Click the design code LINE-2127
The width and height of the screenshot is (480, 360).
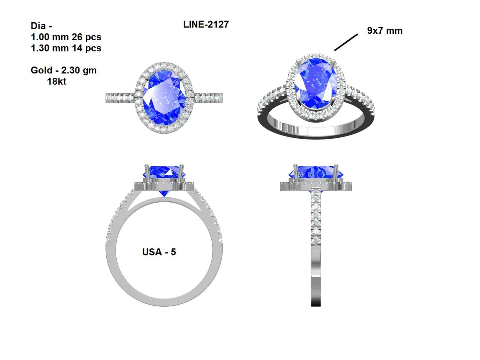(x=206, y=24)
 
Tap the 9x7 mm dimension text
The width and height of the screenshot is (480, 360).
(x=384, y=31)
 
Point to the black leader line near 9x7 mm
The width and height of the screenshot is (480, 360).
(x=346, y=42)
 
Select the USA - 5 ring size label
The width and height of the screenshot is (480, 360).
(x=159, y=252)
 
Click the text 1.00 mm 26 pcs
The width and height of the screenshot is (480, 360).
(x=66, y=37)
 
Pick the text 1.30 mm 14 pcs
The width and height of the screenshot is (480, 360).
(x=66, y=48)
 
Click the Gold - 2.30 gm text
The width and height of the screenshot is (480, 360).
(x=63, y=70)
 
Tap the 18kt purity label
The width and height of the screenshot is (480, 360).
(x=56, y=81)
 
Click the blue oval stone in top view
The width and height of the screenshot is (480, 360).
(x=163, y=98)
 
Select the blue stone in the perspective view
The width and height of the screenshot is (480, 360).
(x=316, y=83)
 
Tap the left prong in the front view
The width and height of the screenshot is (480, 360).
(x=146, y=173)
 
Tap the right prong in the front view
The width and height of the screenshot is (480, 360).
(x=182, y=173)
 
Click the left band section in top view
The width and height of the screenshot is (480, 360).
(x=120, y=98)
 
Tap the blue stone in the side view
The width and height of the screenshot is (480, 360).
(x=316, y=172)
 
